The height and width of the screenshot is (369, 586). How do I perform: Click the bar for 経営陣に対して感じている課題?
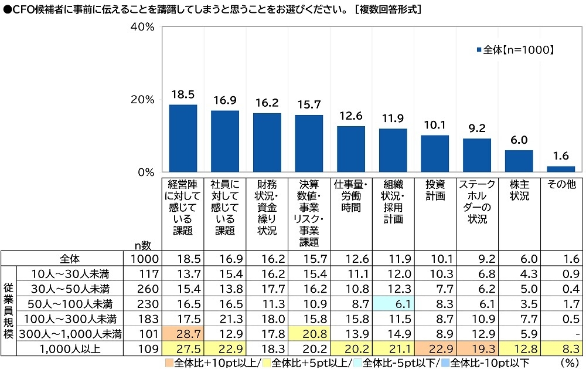[x=183, y=138]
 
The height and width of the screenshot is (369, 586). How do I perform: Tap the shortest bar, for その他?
[x=561, y=170]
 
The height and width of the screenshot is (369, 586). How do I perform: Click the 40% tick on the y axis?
[x=142, y=28]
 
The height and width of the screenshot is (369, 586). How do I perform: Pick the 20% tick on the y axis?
[x=142, y=100]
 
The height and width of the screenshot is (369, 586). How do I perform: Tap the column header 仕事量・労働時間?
[x=351, y=195]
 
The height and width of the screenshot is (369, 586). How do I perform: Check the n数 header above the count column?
[x=142, y=246]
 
